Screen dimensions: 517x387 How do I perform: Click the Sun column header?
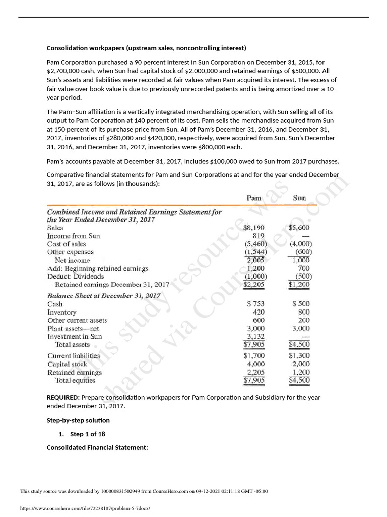click(299, 198)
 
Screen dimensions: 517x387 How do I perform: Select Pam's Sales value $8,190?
click(253, 228)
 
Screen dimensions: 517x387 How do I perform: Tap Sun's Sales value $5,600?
click(299, 228)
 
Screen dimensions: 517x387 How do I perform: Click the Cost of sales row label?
click(67, 244)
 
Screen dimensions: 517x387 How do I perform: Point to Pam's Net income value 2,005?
click(256, 260)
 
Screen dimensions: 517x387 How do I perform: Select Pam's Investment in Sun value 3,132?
click(256, 336)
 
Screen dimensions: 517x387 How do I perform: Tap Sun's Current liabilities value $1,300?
click(299, 356)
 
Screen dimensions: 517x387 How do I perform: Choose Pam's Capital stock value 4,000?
click(256, 364)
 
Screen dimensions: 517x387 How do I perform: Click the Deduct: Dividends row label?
click(76, 276)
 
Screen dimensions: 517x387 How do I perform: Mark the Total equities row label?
click(75, 380)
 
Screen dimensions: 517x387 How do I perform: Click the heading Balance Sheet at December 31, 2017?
click(104, 295)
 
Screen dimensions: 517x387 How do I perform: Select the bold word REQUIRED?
click(63, 397)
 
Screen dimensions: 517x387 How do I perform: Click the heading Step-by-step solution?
click(78, 420)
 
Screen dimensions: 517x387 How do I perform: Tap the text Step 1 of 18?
click(88, 434)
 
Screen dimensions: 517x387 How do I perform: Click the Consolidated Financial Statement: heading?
click(97, 447)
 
